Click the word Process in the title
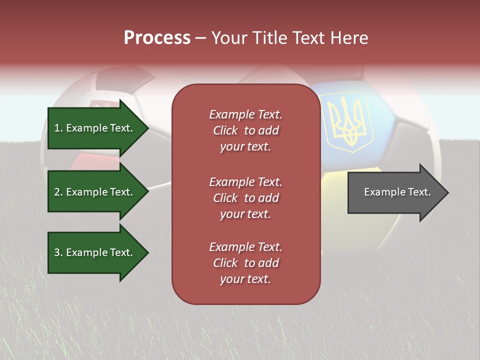click(x=157, y=38)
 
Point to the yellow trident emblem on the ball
click(x=347, y=124)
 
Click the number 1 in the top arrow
click(x=57, y=128)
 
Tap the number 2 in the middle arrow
click(x=57, y=192)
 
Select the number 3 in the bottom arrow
click(x=57, y=252)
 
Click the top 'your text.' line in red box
click(x=245, y=146)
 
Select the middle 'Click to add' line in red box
click(x=245, y=198)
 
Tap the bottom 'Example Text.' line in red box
click(x=245, y=247)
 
